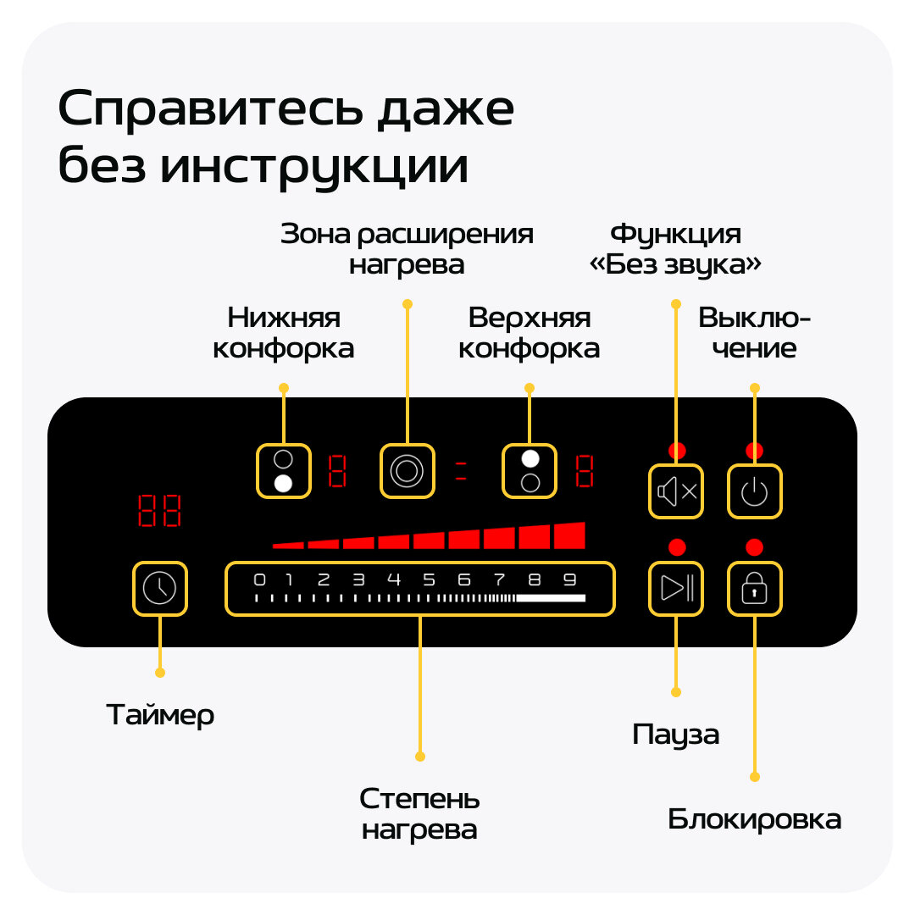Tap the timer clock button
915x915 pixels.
[x=159, y=588]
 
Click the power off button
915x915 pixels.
[x=754, y=491]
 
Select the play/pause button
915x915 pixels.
[x=676, y=588]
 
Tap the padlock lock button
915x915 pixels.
[x=754, y=588]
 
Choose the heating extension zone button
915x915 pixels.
[x=407, y=470]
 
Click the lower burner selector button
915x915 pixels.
[x=284, y=470]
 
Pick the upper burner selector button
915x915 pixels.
[x=530, y=470]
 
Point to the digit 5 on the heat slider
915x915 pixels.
[x=429, y=580]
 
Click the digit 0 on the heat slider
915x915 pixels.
[x=260, y=580]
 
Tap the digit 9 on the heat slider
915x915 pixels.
[x=570, y=580]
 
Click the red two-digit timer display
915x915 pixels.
[x=159, y=511]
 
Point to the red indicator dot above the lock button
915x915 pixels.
[x=754, y=547]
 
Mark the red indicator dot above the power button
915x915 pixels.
[x=754, y=451]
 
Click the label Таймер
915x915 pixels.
[x=160, y=715]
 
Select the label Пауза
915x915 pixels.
[x=675, y=735]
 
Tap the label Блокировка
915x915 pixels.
[x=754, y=820]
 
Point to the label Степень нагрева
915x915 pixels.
[x=419, y=813]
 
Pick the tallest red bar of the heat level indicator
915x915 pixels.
[x=569, y=535]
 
